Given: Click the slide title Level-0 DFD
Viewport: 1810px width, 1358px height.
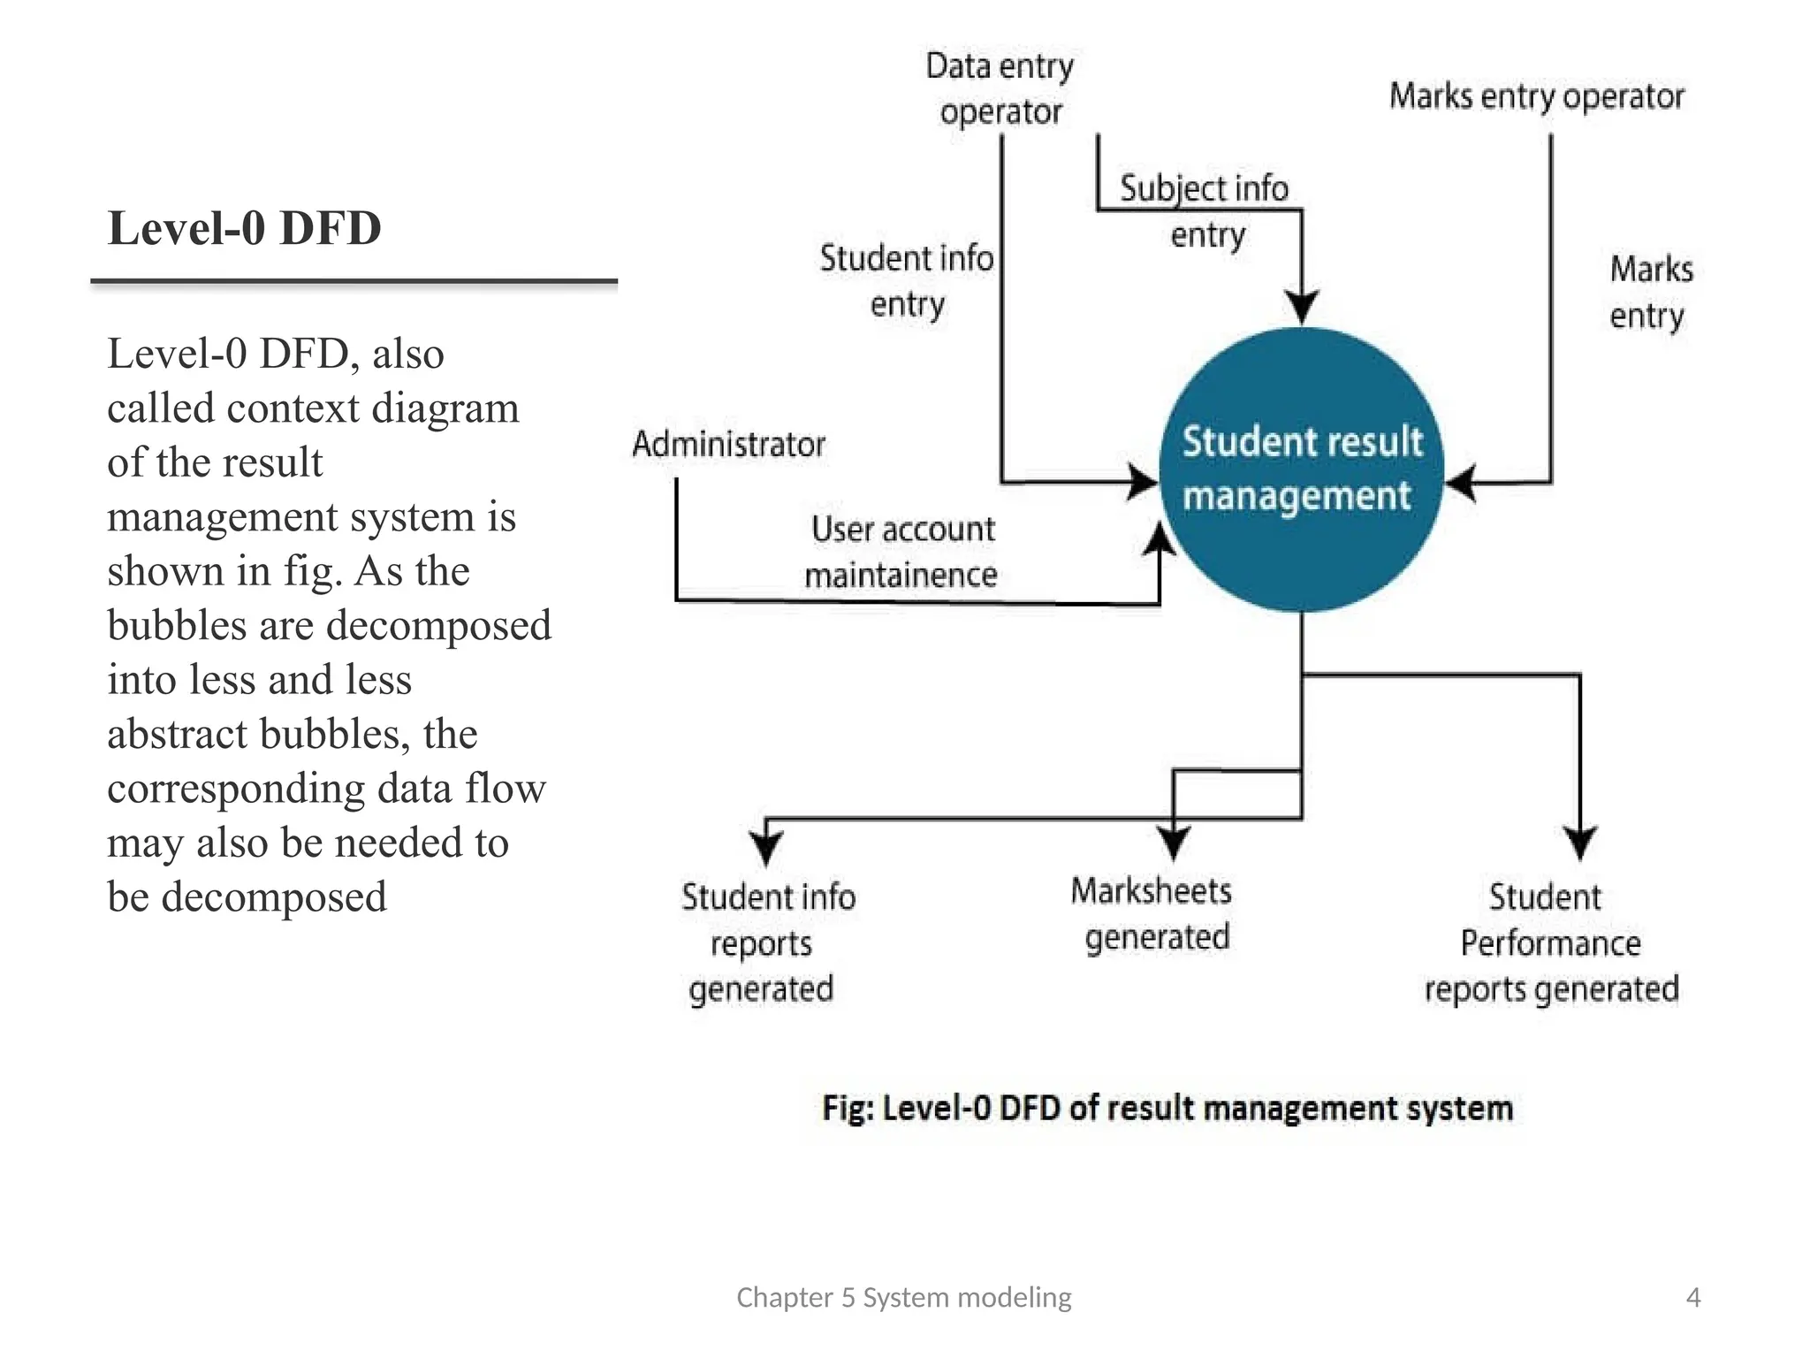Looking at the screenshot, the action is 245,228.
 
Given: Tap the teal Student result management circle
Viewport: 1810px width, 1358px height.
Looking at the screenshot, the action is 1302,469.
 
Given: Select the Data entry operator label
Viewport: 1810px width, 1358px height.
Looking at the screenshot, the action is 1000,89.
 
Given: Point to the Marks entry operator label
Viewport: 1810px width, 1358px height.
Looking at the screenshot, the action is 1537,96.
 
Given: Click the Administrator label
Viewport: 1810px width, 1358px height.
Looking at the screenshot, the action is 729,444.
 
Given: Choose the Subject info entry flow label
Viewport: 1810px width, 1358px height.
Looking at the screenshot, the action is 1205,211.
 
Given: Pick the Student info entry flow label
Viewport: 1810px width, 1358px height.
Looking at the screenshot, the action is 907,281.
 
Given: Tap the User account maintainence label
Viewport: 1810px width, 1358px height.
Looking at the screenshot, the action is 901,552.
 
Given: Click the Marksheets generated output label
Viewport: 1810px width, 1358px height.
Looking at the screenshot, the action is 1152,914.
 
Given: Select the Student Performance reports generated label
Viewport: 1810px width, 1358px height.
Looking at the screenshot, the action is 1551,943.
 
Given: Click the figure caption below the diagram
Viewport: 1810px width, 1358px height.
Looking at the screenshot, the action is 1167,1108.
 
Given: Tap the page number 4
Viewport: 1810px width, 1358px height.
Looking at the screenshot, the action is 1693,1298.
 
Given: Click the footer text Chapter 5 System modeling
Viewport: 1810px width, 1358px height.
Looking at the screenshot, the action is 904,1298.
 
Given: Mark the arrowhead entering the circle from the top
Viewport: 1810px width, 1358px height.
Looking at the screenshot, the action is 1302,307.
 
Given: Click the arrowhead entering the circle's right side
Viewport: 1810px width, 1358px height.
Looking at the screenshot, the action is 1461,483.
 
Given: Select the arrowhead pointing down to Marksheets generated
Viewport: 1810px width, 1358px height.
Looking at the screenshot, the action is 1174,843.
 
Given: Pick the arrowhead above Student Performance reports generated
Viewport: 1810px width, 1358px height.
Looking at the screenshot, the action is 1580,843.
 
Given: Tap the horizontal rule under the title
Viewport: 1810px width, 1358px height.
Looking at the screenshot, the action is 354,282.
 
